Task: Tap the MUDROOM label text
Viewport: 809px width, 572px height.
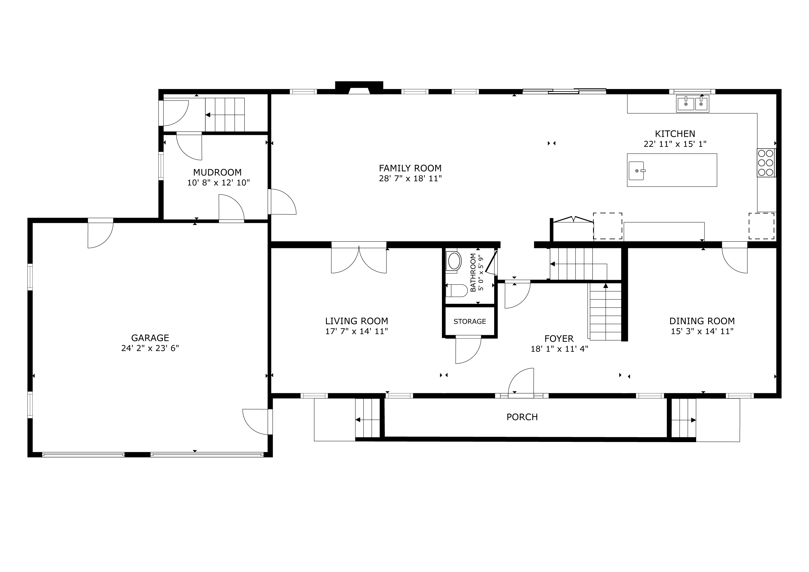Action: [x=217, y=172]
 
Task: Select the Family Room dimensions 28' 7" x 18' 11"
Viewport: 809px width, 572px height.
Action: [x=410, y=178]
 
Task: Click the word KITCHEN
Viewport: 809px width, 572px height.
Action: [x=675, y=134]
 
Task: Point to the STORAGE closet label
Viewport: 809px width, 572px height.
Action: [x=470, y=321]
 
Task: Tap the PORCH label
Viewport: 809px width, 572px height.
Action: [x=522, y=417]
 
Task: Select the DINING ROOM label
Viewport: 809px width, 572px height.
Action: [x=702, y=321]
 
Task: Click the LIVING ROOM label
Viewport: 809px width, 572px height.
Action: [x=356, y=321]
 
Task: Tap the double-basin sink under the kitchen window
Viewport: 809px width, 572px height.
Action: [x=693, y=104]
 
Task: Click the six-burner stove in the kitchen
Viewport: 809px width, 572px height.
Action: [x=766, y=163]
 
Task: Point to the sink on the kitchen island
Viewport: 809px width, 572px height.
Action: [x=637, y=170]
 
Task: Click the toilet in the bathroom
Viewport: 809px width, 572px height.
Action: [x=457, y=290]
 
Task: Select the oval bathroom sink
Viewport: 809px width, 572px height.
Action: [x=454, y=261]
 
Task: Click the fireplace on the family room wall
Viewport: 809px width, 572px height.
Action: [x=359, y=88]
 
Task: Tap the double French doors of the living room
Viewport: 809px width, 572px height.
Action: [x=359, y=258]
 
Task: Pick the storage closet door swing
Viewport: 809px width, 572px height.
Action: [x=468, y=350]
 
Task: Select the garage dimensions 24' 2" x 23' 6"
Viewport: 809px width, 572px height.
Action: [x=150, y=348]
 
